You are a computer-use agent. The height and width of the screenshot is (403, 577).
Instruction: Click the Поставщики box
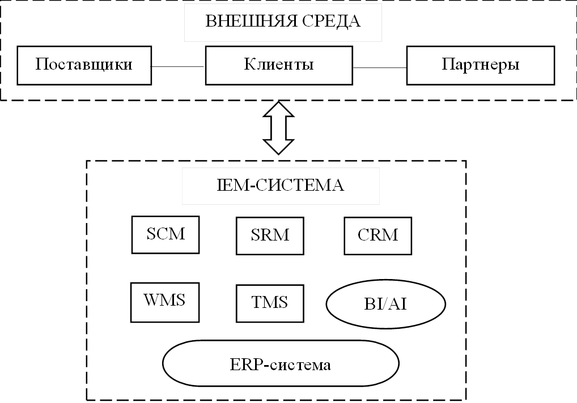(x=84, y=65)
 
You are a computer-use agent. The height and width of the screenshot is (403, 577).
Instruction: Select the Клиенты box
(x=279, y=65)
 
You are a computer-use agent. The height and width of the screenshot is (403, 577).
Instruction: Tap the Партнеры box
(x=480, y=65)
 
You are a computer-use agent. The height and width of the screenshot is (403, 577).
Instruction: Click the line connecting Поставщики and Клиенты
(x=178, y=66)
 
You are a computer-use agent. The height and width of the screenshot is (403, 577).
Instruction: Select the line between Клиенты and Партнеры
(x=379, y=66)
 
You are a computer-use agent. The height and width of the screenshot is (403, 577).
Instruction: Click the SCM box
(x=166, y=234)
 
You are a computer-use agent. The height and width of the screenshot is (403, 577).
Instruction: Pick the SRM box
(x=269, y=234)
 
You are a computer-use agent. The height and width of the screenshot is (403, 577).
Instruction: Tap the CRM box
(x=378, y=234)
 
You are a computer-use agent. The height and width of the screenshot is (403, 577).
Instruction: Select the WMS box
(x=165, y=301)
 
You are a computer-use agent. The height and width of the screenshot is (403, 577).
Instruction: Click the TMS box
(x=269, y=303)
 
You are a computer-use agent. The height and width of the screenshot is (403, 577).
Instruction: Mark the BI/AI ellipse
(x=385, y=305)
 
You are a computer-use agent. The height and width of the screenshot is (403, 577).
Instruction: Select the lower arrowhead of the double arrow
(x=278, y=147)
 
